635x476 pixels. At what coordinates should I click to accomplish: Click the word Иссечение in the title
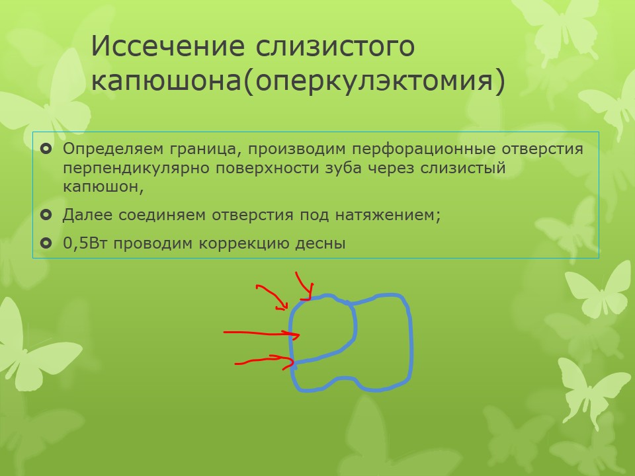coord(167,46)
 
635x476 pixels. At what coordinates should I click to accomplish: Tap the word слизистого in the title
coord(335,46)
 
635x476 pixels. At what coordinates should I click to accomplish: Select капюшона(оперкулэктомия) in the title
coord(298,80)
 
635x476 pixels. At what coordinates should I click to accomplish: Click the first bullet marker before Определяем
coord(46,149)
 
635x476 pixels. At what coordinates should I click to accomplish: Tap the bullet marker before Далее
coord(46,215)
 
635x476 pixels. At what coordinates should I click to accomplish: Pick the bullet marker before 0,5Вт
coord(46,243)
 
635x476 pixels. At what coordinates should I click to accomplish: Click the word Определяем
coord(112,149)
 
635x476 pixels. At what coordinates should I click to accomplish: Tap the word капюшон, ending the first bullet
coord(103,186)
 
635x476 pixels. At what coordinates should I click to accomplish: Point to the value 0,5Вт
coord(85,243)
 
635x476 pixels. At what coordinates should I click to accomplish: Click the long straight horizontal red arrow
coord(262,333)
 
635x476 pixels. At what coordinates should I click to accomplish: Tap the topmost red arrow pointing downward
coord(304,286)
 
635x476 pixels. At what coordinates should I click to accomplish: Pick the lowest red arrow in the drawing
coord(264,362)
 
